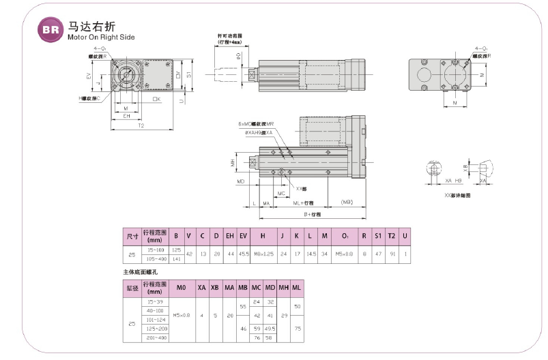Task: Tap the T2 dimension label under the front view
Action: click(x=141, y=125)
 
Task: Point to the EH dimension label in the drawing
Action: click(x=126, y=117)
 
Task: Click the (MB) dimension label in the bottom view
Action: click(x=347, y=202)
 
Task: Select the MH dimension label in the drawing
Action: click(x=233, y=164)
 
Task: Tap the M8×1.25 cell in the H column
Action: click(x=263, y=255)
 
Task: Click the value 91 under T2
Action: click(x=391, y=255)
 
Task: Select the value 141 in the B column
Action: click(x=176, y=259)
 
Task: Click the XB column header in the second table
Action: click(x=214, y=288)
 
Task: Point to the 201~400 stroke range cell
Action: click(x=154, y=337)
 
